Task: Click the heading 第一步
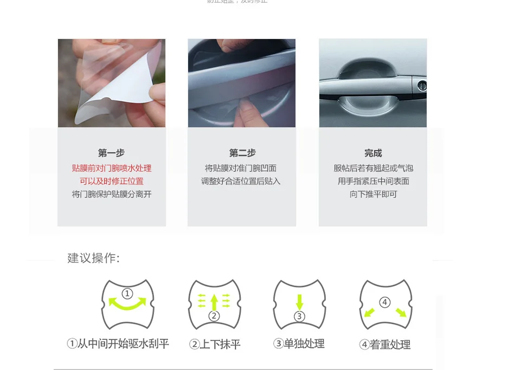[x=111, y=153]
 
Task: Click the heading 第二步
[x=242, y=153]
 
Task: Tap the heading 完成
[x=373, y=153]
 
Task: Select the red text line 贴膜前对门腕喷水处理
[x=112, y=168]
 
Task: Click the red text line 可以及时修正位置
[x=112, y=181]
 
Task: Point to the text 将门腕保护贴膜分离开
[x=112, y=194]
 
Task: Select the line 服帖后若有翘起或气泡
[x=373, y=168]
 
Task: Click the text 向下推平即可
[x=373, y=194]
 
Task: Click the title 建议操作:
[x=93, y=258]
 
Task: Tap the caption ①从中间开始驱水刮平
[x=118, y=343]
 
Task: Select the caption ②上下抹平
[x=215, y=344]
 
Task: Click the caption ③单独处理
[x=299, y=343]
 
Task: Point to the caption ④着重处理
[x=385, y=345]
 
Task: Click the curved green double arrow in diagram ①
[x=128, y=303]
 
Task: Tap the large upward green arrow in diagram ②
[x=214, y=301]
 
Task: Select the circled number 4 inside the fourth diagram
[x=385, y=302]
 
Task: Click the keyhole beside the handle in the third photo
[x=422, y=86]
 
